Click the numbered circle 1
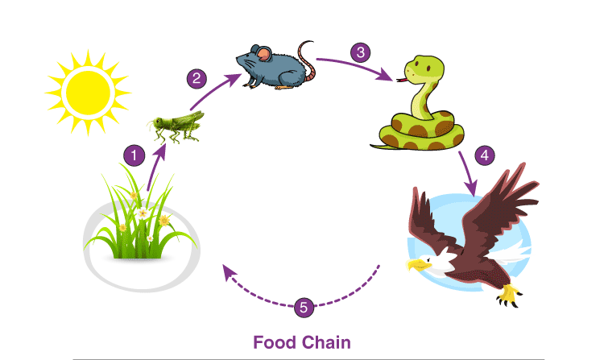[x=134, y=155]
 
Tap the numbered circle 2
[x=197, y=79]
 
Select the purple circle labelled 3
[x=361, y=52]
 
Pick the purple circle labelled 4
[x=485, y=155]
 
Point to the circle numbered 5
[x=304, y=308]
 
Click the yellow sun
[x=89, y=93]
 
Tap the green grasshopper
[x=176, y=126]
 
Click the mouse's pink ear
[x=263, y=54]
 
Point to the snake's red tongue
[x=402, y=80]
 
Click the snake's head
[x=424, y=70]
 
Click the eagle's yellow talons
[x=509, y=296]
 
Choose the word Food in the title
[x=275, y=342]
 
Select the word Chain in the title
[x=326, y=342]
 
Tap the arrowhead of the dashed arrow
[x=230, y=272]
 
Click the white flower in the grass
[x=143, y=213]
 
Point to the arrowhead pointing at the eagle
[x=471, y=188]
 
